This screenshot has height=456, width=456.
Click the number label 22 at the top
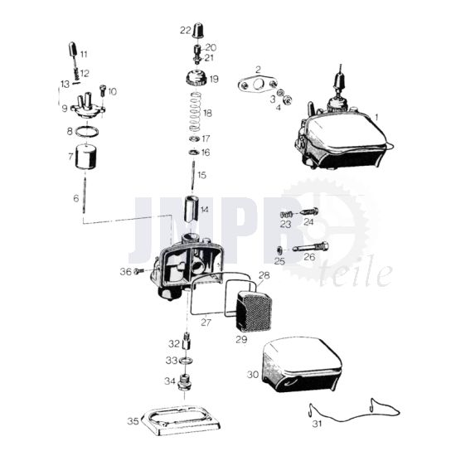click(185, 30)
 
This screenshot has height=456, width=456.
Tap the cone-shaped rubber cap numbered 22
click(198, 30)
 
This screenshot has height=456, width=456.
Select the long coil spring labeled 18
click(195, 112)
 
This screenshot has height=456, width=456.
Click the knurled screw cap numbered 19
click(196, 78)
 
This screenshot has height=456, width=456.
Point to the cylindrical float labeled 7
click(85, 157)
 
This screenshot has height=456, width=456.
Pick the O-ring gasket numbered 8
click(87, 132)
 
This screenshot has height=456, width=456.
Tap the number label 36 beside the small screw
click(126, 272)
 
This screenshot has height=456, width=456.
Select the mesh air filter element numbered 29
click(255, 311)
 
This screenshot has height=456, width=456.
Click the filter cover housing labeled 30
click(301, 366)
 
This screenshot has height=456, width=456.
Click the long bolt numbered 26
click(311, 248)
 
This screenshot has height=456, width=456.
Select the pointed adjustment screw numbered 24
click(309, 211)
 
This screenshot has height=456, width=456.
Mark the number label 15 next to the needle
click(201, 175)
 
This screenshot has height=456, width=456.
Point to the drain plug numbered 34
click(185, 383)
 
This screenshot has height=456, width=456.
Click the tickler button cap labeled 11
click(72, 49)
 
